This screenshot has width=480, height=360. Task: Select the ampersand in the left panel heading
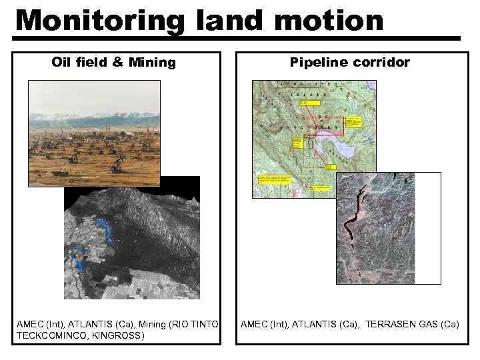tap(118, 63)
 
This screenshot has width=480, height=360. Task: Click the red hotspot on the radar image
tap(79, 255)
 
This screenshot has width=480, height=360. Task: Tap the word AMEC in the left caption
tap(29, 325)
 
